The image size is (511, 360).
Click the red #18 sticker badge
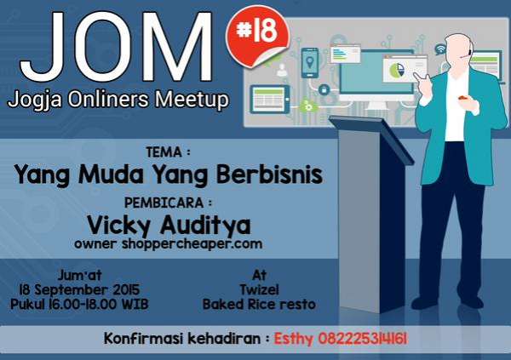click(x=257, y=37)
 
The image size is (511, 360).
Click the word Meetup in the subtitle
click(x=192, y=100)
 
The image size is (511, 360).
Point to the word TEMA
click(x=164, y=152)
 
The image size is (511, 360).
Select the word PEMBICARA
click(x=164, y=203)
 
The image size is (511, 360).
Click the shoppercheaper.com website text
click(x=192, y=244)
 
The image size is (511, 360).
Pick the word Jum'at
click(x=80, y=275)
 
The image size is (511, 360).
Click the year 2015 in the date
click(x=126, y=289)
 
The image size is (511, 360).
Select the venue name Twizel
click(x=260, y=289)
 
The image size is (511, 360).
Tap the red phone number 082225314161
click(x=363, y=339)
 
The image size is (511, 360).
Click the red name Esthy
click(x=293, y=340)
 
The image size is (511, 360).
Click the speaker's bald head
click(x=458, y=49)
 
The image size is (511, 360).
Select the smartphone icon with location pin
click(x=310, y=63)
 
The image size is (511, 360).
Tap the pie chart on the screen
click(x=397, y=70)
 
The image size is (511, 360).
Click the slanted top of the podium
click(x=371, y=139)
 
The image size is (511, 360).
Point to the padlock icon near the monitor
click(x=324, y=89)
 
